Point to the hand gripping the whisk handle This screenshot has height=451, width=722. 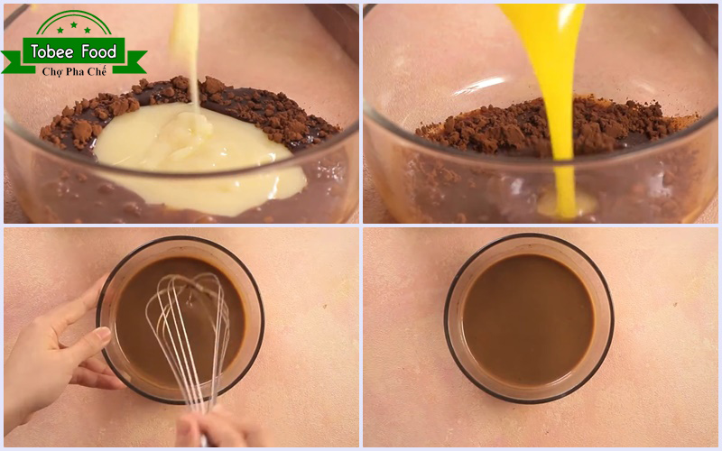[212, 431]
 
